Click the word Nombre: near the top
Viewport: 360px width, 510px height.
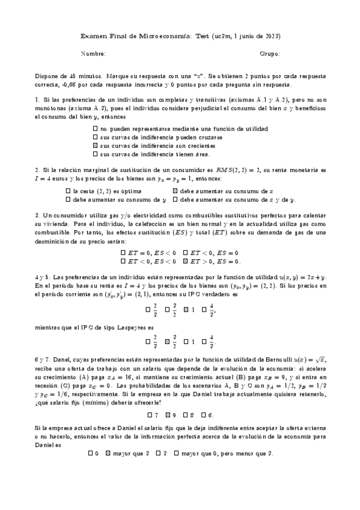93,54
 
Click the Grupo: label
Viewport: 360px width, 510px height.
270,54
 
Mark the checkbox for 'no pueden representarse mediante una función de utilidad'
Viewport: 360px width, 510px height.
96,129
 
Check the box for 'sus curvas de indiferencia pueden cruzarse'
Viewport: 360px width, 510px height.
96,137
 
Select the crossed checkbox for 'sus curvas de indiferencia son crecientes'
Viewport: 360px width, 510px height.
96,146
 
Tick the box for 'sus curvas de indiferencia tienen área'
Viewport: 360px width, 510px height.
96,154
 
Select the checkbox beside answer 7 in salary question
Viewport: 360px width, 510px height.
149,415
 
